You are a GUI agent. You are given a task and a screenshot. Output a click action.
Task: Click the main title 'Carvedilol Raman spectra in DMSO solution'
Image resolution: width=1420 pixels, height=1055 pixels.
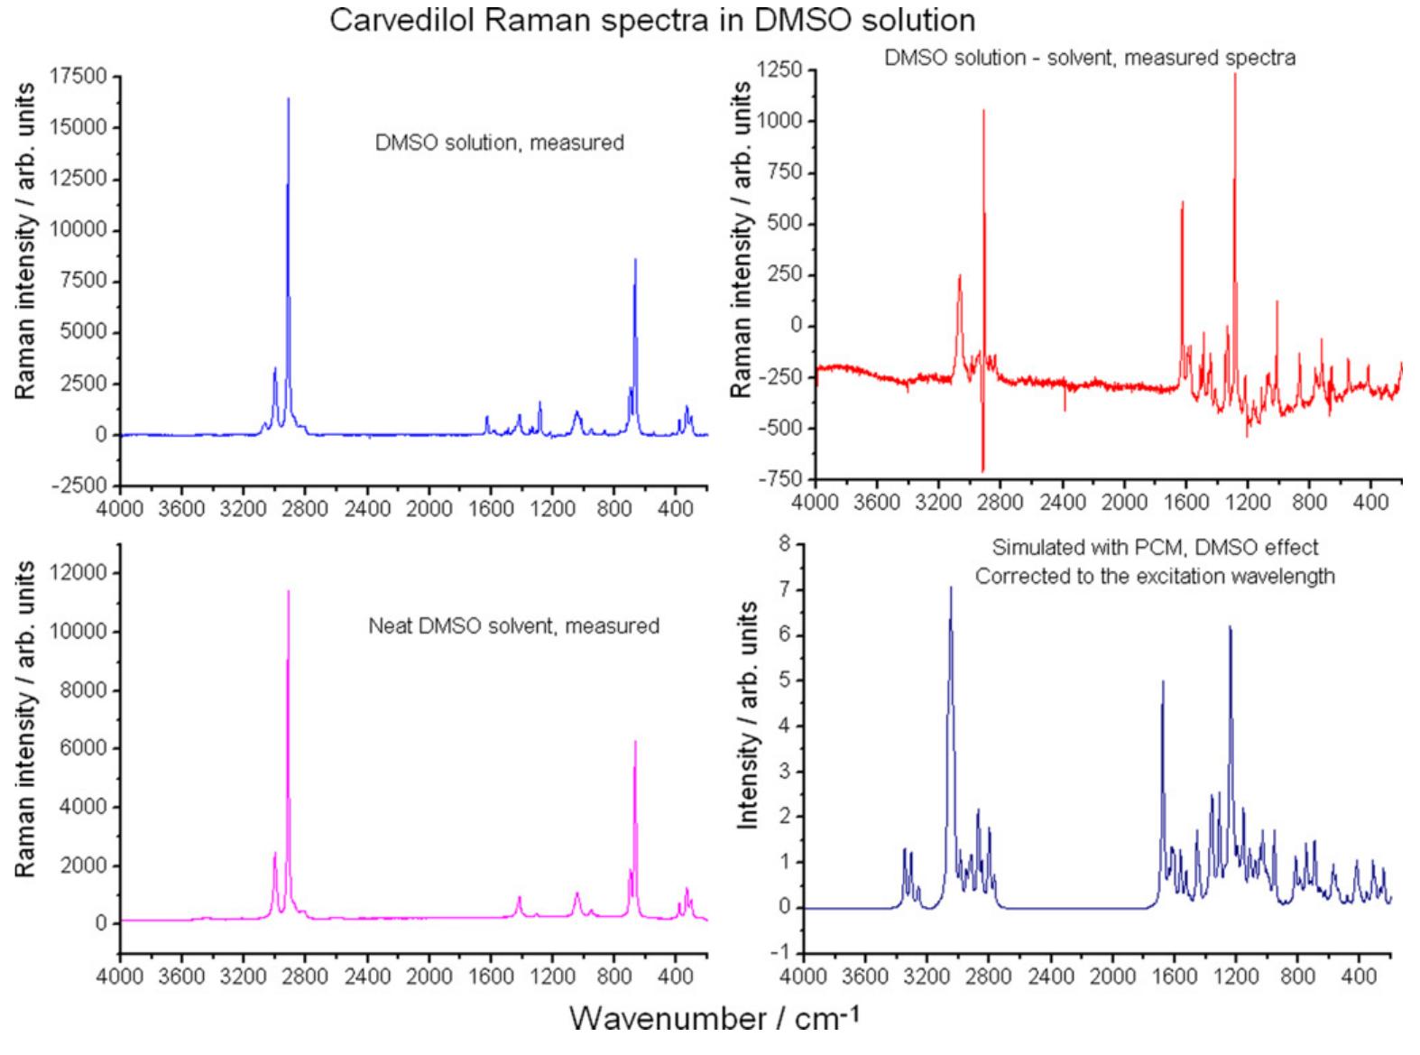point(652,20)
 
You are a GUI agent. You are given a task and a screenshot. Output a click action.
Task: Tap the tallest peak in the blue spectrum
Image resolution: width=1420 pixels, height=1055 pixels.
point(289,99)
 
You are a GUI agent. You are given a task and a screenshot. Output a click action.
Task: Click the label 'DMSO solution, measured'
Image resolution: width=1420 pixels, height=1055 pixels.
point(499,143)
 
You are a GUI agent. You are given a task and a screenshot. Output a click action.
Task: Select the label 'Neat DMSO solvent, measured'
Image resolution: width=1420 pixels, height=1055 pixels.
point(513,625)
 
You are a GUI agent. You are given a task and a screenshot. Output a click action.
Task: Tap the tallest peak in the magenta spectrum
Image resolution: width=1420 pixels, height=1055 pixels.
point(289,592)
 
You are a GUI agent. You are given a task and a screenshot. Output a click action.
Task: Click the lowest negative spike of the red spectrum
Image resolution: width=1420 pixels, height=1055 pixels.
point(982,469)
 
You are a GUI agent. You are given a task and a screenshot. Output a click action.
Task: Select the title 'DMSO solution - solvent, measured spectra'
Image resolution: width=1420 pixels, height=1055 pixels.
point(1090,59)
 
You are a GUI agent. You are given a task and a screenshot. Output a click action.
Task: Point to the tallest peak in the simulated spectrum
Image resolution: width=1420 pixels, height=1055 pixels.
point(950,588)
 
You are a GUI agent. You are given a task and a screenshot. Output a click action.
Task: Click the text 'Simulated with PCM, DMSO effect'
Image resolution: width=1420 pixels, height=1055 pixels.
point(1155,547)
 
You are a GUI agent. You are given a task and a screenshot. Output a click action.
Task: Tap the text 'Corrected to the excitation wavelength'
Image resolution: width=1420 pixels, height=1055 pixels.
point(1155,576)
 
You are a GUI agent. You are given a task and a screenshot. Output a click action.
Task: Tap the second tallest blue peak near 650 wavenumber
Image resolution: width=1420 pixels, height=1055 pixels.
point(635,261)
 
